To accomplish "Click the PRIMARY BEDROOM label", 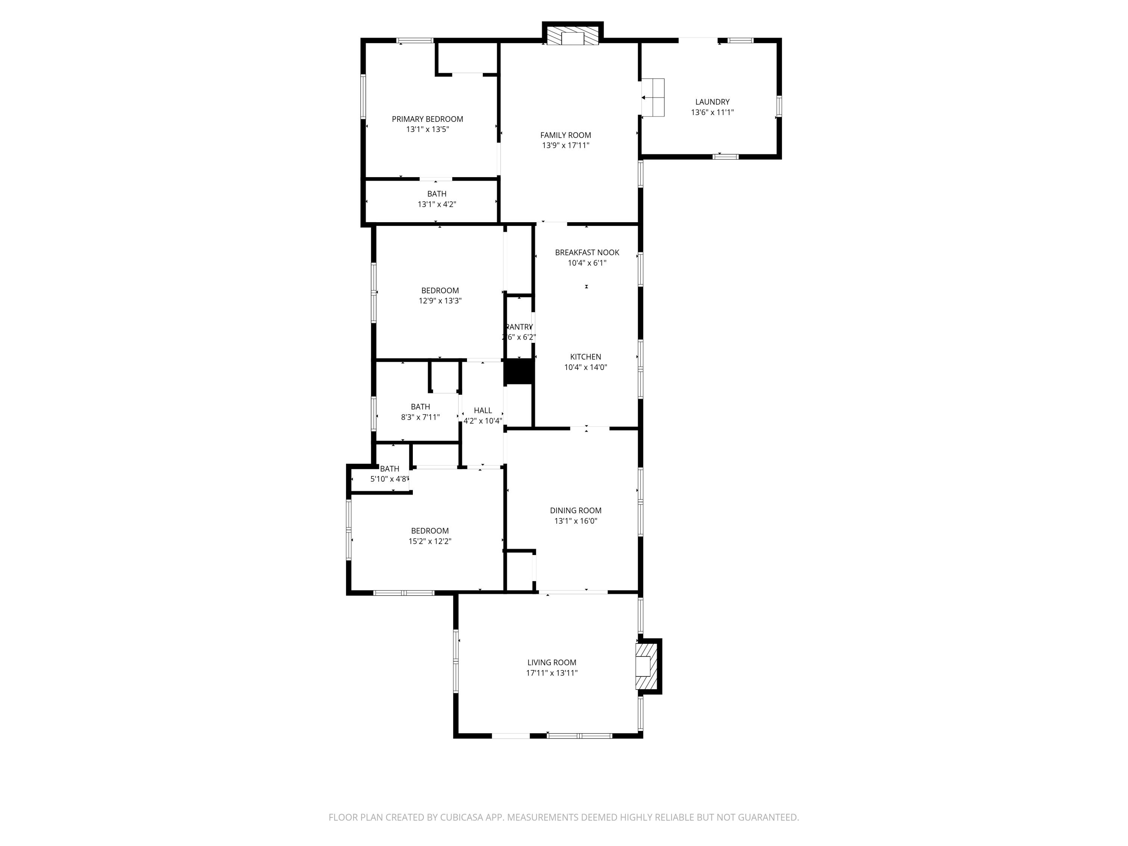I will click(428, 119).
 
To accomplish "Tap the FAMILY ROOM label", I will click(566, 135).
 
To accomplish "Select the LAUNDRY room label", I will click(712, 102).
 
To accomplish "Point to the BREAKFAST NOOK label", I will click(587, 252).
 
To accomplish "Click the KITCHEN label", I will click(585, 357).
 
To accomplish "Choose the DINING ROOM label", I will click(575, 511).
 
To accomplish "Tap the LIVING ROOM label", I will click(552, 663).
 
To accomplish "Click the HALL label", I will click(482, 411).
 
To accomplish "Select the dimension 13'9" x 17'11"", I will click(566, 146).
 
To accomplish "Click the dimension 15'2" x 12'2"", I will click(429, 541).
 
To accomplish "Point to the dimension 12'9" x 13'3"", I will click(440, 301).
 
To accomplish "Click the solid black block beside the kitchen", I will click(519, 371).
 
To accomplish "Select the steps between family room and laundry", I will click(653, 97).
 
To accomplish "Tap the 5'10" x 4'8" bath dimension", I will click(390, 479).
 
